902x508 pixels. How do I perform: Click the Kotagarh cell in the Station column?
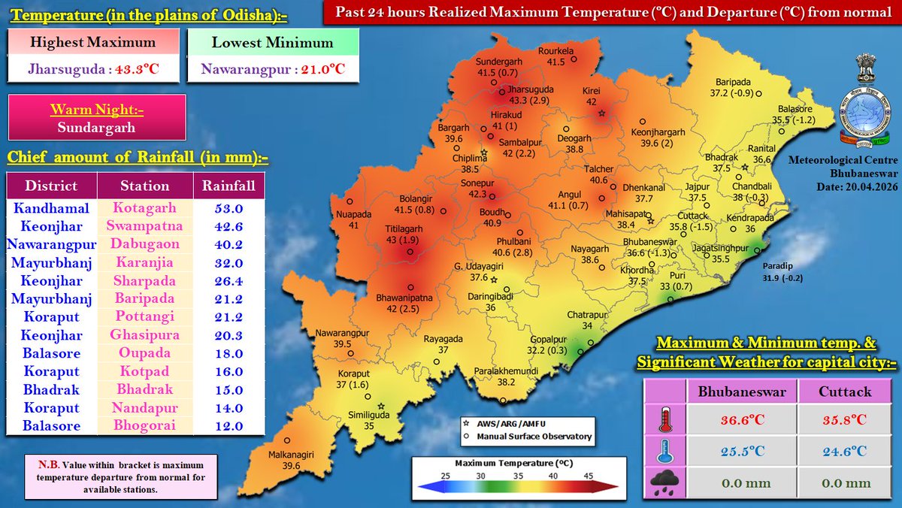[144, 208]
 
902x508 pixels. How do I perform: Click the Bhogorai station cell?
[144, 426]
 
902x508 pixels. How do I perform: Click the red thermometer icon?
[664, 420]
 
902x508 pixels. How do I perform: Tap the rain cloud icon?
[664, 482]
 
